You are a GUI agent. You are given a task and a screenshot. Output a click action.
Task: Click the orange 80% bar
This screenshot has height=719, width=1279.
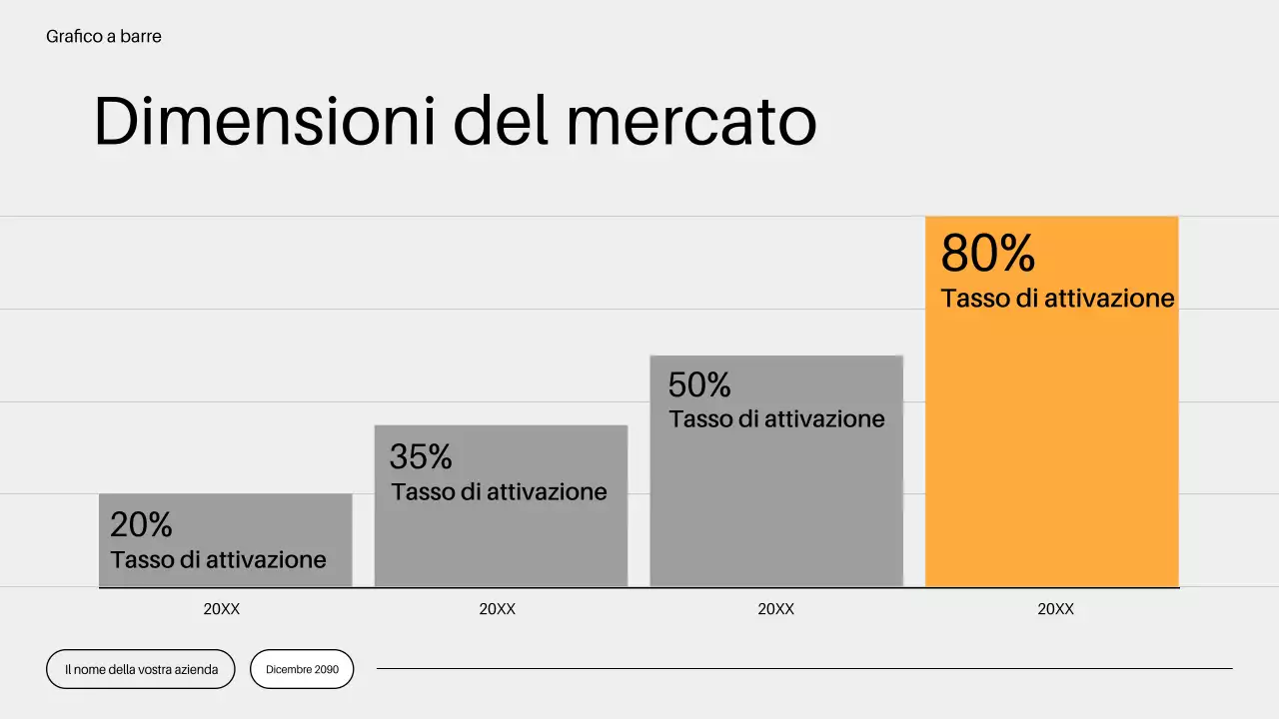[1052, 449]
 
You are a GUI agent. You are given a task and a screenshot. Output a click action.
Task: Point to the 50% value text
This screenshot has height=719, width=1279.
[699, 384]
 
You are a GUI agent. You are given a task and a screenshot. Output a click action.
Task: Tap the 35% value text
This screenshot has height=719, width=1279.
[421, 456]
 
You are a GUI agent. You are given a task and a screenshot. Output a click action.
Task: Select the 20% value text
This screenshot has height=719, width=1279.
[141, 524]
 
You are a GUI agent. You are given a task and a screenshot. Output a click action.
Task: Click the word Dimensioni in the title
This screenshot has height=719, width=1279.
[265, 122]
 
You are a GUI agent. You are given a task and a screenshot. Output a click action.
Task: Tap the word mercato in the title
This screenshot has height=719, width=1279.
[690, 122]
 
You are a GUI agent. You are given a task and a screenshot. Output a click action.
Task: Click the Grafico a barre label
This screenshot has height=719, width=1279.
[104, 37]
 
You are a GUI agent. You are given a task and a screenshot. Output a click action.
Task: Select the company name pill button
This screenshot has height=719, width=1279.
[141, 669]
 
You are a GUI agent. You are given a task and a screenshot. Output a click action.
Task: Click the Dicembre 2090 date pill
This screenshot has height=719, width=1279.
[302, 669]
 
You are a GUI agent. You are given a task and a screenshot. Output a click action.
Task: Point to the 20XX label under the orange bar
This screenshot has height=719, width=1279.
[1055, 609]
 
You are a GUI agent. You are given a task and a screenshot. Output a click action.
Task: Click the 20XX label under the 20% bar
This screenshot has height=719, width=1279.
[222, 609]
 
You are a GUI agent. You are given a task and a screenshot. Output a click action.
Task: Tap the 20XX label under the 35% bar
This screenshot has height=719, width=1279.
[497, 609]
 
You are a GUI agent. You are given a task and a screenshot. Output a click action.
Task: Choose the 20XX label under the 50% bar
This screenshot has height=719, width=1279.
[776, 609]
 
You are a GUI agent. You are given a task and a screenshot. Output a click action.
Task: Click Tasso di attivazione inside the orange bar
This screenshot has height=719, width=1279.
[1057, 299]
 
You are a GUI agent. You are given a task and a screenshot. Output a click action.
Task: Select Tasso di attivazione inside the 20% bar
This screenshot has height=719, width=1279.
[218, 559]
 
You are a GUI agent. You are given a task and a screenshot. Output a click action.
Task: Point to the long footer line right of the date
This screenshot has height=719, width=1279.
[804, 669]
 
